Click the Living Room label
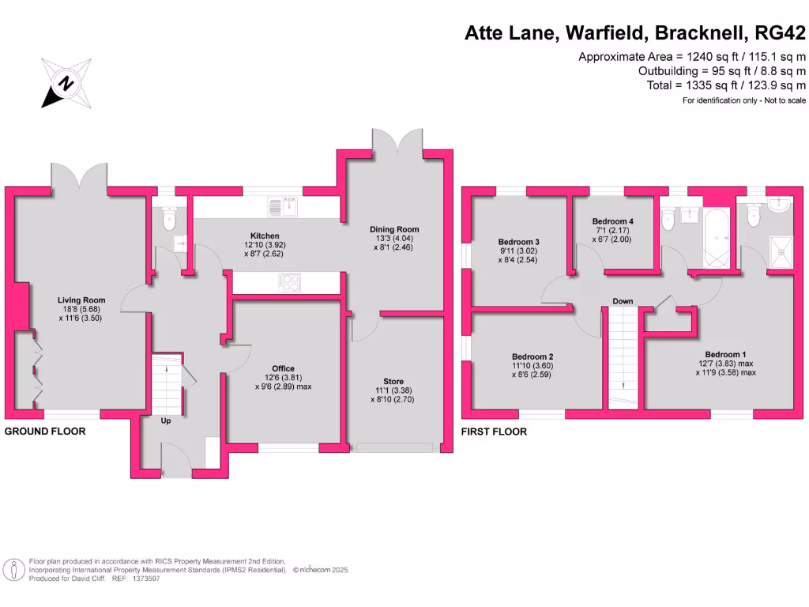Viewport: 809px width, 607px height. tap(81, 300)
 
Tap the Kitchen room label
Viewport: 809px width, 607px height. tap(265, 236)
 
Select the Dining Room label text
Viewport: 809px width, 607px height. tap(392, 230)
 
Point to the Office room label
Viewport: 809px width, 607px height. tap(283, 368)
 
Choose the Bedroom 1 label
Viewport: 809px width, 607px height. tap(725, 354)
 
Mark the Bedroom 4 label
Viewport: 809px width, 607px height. tap(612, 221)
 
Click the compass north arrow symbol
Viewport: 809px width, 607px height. tap(66, 82)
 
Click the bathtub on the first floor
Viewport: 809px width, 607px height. tap(717, 238)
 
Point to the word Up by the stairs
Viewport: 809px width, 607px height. tap(166, 420)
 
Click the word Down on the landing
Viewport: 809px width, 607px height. tap(623, 301)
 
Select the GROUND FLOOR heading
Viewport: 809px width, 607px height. tap(45, 432)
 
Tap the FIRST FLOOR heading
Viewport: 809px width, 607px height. tap(495, 432)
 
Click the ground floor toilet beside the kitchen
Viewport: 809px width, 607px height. tap(167, 219)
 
